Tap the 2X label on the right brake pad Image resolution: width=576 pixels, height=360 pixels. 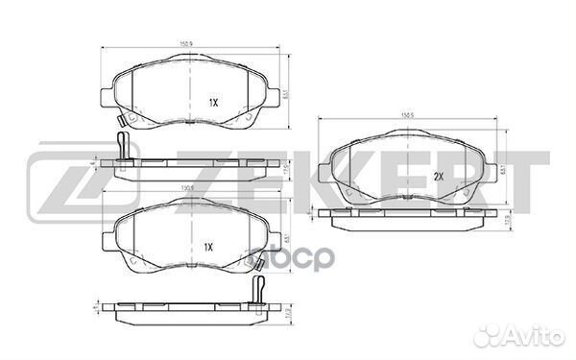(x=437, y=176)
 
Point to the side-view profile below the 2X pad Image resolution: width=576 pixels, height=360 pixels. (x=408, y=220)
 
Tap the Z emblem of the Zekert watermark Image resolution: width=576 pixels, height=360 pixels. (x=58, y=182)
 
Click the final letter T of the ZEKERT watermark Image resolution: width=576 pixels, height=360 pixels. (x=523, y=181)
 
